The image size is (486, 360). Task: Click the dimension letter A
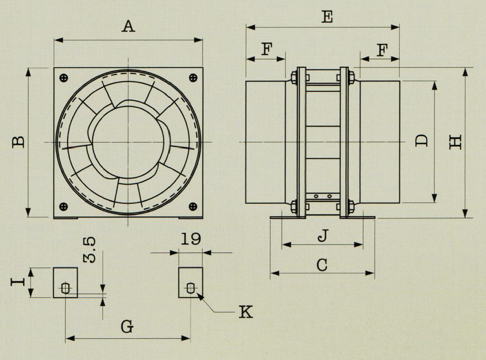coord(128,26)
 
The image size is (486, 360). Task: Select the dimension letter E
coord(327,17)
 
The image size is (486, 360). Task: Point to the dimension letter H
coord(456,142)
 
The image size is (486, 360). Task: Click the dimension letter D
coord(422,141)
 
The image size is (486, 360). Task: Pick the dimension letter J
coord(322,236)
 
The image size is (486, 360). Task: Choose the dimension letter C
coord(322,265)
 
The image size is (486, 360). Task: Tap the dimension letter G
coord(127,327)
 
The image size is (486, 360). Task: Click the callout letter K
coord(246,312)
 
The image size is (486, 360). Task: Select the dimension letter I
coord(18,282)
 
